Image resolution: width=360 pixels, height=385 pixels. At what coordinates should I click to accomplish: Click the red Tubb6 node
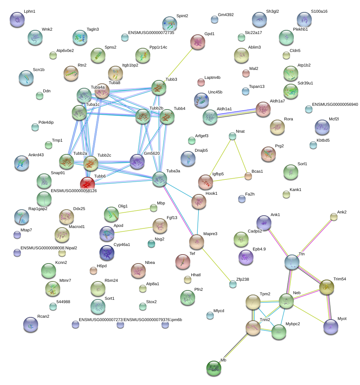[x=87, y=184]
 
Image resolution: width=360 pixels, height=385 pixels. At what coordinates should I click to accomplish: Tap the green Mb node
[x=213, y=368]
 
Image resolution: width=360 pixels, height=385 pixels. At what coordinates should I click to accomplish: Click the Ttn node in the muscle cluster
[x=292, y=262]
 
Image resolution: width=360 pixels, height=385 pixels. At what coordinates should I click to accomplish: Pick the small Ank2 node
[x=334, y=216]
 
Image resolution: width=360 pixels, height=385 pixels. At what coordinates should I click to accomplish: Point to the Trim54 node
[x=327, y=287]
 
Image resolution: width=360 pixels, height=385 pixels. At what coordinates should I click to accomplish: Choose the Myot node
[x=330, y=326]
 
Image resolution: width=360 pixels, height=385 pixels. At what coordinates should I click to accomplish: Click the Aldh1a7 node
[x=263, y=109]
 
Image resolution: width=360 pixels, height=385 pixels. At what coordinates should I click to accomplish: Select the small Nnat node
[x=233, y=136]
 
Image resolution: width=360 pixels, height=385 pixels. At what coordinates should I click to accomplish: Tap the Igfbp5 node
[x=205, y=182]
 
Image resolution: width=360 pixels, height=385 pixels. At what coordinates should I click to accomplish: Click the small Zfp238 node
[x=233, y=284]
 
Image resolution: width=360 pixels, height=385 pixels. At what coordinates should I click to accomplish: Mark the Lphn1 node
[x=17, y=19]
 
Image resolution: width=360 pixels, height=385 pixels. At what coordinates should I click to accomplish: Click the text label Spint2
[x=182, y=16]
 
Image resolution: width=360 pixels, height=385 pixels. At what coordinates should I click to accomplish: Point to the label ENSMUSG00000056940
[x=335, y=104]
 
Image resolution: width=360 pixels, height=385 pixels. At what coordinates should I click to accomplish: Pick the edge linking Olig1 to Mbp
[x=133, y=211]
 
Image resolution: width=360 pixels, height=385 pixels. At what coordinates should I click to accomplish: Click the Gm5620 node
[x=137, y=161]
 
